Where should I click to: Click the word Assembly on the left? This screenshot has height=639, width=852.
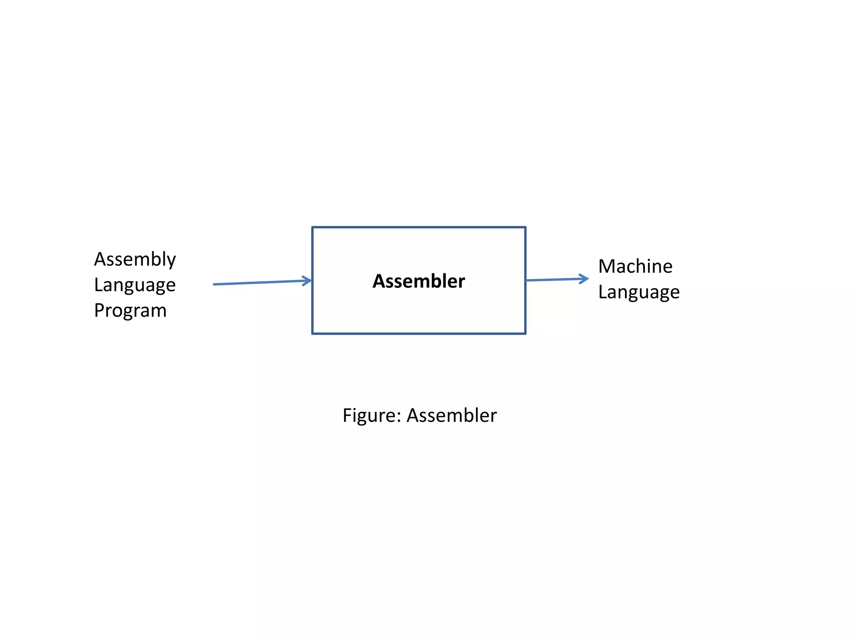(135, 260)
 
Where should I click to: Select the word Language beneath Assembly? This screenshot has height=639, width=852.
(135, 285)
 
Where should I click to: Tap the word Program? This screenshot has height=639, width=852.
(130, 310)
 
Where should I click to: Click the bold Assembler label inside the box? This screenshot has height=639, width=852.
(419, 281)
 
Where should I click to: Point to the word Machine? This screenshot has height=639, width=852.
(635, 266)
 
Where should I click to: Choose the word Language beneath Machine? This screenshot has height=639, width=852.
(639, 292)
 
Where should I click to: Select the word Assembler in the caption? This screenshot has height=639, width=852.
(451, 416)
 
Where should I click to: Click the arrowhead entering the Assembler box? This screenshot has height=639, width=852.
(308, 281)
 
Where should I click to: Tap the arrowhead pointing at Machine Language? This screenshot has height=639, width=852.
(585, 279)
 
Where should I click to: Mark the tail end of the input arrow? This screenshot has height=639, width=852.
(214, 284)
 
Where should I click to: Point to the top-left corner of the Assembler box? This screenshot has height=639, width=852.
(312, 227)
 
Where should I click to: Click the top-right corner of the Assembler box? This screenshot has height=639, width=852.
(526, 227)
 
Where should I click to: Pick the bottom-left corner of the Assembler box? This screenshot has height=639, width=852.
(312, 334)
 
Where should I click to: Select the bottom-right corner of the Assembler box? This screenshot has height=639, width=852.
(526, 334)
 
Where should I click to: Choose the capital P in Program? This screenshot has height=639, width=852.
(99, 310)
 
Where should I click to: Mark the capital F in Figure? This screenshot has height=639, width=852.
(347, 416)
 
